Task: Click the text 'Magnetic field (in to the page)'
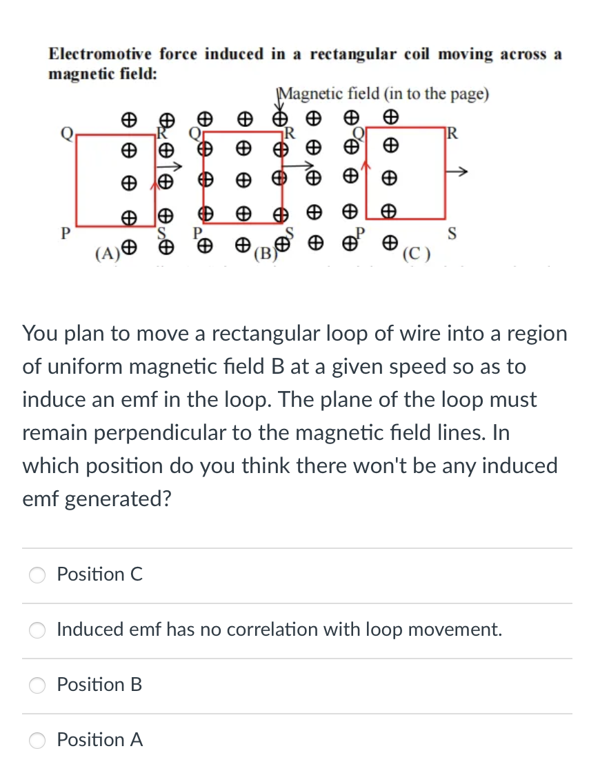click(x=383, y=94)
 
